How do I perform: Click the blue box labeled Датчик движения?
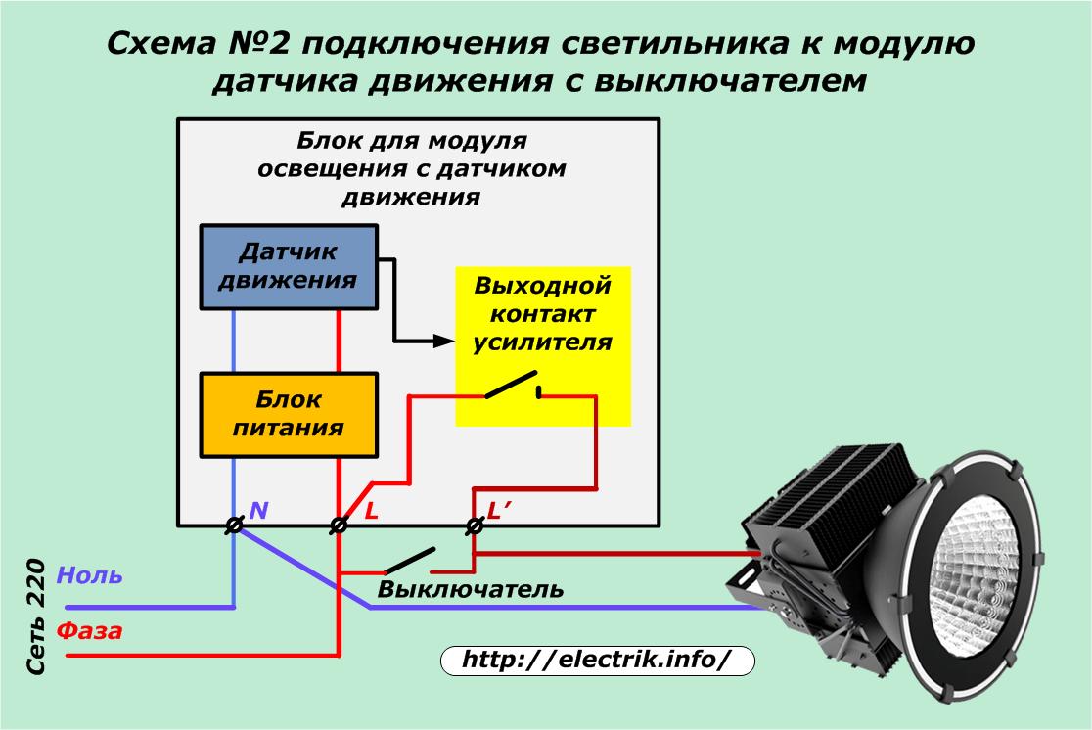[289, 267]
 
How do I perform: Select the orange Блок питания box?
[289, 415]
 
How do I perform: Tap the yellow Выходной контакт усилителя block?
[543, 346]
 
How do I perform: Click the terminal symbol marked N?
[235, 525]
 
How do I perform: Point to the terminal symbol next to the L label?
[339, 525]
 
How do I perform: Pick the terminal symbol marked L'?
[475, 525]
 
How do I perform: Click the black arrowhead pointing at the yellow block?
[444, 341]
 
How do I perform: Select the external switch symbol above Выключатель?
[410, 561]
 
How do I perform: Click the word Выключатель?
[470, 589]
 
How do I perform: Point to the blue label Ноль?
[89, 575]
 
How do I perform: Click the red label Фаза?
[89, 631]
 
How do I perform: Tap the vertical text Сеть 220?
[35, 616]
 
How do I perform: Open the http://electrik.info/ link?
[598, 660]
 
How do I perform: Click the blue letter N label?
[258, 511]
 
